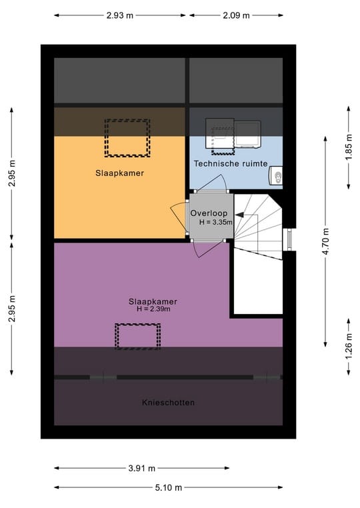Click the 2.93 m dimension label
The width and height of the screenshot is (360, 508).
point(119,15)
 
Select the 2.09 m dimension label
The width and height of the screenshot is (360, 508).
point(236,15)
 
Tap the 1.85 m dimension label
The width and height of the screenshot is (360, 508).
point(349,147)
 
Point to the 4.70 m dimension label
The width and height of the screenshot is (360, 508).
point(325,241)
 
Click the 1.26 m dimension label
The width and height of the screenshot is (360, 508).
point(349,347)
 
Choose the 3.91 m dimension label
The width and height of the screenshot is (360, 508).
point(141,468)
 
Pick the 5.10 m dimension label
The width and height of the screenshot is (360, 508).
point(168,487)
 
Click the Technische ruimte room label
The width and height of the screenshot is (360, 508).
point(231,163)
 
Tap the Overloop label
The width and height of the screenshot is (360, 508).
point(209,213)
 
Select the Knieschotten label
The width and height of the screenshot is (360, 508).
point(168,403)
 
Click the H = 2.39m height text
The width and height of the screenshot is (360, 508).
point(153,309)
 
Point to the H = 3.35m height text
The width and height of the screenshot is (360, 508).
point(215,222)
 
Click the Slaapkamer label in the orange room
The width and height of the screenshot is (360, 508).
point(119,173)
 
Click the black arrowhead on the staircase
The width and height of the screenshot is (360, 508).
point(239,215)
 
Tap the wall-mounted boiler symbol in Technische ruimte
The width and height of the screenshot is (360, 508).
point(276,176)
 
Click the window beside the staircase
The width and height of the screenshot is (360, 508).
point(289,239)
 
